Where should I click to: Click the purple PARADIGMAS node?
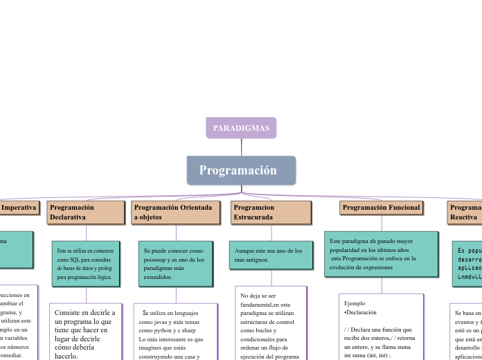[x=241, y=128]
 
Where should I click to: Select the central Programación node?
[x=241, y=170]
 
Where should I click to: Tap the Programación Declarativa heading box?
[x=86, y=213]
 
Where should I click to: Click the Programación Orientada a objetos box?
[x=176, y=213]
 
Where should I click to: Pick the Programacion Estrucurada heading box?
[x=271, y=213]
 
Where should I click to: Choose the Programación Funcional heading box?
[x=381, y=208]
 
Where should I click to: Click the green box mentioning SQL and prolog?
[x=86, y=263]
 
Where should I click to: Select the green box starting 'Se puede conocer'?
[x=176, y=263]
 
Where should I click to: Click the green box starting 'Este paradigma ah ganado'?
[x=381, y=253]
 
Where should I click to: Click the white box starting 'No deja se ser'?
[x=271, y=324]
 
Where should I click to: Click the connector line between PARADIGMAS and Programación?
[x=241, y=147]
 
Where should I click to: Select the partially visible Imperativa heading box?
[x=19, y=208]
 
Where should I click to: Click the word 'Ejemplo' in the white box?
[x=355, y=303]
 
